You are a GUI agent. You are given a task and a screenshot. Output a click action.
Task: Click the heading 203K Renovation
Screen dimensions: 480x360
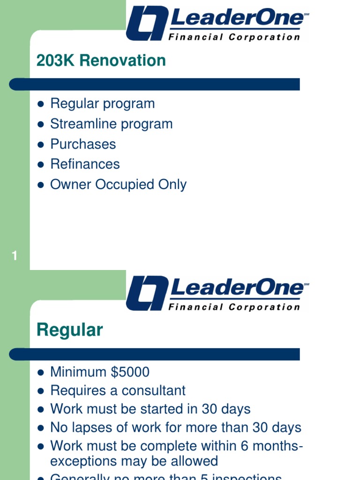pos(101,60)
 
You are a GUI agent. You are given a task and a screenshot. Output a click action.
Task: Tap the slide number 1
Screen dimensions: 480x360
pos(15,256)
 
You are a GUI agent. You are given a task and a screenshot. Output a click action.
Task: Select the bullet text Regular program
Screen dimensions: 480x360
pos(102,104)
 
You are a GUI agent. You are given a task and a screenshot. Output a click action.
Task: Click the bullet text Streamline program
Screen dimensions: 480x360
pos(111,124)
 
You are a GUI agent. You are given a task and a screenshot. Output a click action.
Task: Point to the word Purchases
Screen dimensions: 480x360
pos(83,144)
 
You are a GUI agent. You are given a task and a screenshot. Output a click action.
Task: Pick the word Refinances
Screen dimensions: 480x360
pos(85,164)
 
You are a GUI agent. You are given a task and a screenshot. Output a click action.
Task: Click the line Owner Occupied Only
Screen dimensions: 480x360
pos(118,184)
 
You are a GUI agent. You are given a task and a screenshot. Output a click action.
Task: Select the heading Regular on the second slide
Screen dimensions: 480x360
pos(69,330)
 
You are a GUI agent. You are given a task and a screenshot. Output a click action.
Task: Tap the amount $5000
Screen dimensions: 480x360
pos(130,372)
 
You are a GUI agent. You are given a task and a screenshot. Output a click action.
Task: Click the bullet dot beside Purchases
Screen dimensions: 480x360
pos(41,144)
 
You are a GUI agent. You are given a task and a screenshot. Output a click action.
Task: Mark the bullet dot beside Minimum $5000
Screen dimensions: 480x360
pos(41,373)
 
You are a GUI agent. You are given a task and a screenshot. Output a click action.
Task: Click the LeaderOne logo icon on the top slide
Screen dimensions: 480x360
pos(147,23)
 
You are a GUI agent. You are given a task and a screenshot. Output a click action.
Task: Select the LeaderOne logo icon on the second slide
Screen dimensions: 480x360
pos(147,293)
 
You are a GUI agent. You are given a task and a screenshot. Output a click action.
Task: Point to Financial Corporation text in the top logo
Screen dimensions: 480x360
pos(234,37)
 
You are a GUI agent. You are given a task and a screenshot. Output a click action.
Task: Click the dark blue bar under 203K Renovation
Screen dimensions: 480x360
pos(155,84)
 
